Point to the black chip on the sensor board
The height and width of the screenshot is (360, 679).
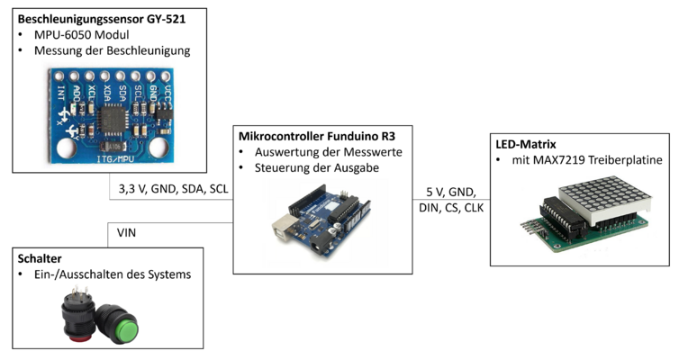click(x=113, y=116)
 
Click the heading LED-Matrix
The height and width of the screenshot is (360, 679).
click(x=527, y=144)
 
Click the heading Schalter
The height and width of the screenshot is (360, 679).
click(x=41, y=257)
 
